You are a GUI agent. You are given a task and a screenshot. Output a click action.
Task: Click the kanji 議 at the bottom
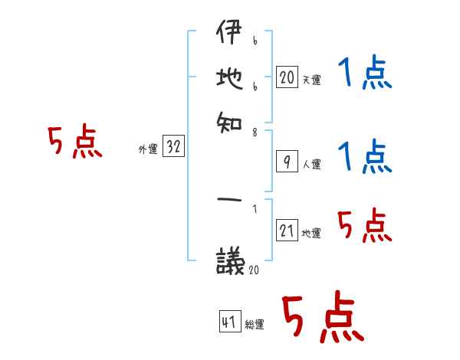click(x=228, y=260)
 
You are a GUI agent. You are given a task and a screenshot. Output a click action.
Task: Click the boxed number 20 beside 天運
click(x=287, y=77)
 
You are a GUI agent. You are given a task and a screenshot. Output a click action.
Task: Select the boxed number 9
click(x=286, y=162)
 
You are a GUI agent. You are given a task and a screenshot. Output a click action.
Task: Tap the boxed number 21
click(x=287, y=231)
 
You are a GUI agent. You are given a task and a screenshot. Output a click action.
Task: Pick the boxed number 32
click(x=173, y=147)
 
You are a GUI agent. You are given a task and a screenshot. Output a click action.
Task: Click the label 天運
click(x=311, y=80)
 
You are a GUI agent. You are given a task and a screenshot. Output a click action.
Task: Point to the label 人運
click(x=311, y=164)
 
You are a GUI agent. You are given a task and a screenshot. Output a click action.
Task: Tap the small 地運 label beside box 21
click(x=311, y=233)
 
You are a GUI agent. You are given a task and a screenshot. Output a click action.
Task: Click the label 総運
click(x=255, y=325)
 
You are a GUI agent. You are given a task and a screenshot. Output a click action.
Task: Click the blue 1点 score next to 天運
click(x=363, y=75)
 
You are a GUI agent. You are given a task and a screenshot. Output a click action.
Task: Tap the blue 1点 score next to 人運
click(x=363, y=157)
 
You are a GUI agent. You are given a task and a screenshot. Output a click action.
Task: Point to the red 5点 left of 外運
click(x=74, y=143)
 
